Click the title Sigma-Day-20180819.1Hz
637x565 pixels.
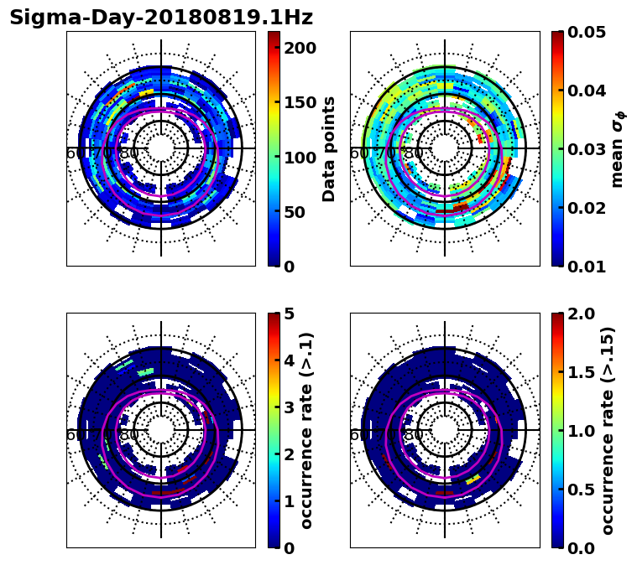161,18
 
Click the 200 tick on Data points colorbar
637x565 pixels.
300,48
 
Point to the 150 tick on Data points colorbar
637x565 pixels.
300,102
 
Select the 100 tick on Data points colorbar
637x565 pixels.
300,157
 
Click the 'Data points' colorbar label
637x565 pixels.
329,148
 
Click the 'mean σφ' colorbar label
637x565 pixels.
617,148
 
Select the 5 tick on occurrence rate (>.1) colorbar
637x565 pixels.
289,314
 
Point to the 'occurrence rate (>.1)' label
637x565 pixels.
307,430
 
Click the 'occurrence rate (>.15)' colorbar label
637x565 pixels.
608,430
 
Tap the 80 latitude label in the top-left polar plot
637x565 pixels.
129,154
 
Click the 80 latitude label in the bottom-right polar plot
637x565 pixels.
413,436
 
